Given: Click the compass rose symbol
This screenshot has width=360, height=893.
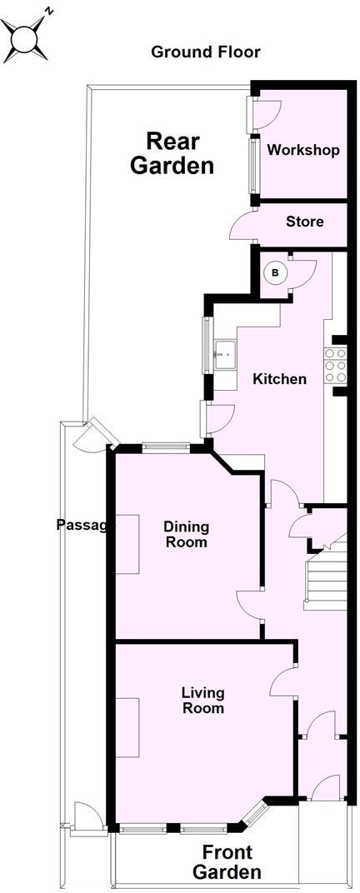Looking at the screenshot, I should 26,37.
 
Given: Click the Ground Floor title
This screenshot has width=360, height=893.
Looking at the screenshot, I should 205,52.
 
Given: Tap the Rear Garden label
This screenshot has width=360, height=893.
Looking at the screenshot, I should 172,152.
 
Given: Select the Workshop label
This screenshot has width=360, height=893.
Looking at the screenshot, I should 303,151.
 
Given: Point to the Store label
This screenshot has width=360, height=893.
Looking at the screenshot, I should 304,222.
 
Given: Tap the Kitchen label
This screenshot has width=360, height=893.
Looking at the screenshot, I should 280,379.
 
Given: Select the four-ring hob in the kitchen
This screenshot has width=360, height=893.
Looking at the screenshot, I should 336,365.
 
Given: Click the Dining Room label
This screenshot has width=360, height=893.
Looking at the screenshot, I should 186,534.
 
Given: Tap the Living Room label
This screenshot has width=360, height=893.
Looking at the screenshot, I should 203,700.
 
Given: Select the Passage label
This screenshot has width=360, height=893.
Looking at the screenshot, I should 82,525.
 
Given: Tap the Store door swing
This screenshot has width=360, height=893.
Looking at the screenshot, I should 242,226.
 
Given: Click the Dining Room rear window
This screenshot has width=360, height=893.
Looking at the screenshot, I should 167,447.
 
